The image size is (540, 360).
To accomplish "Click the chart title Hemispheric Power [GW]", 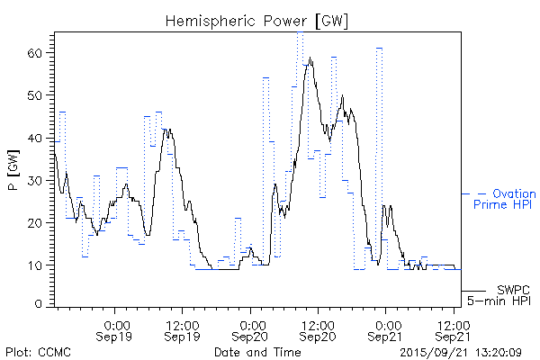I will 258,20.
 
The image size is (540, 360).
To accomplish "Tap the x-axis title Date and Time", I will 258,351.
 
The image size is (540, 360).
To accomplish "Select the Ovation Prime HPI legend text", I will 504,199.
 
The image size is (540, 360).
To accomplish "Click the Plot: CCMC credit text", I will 38,351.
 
